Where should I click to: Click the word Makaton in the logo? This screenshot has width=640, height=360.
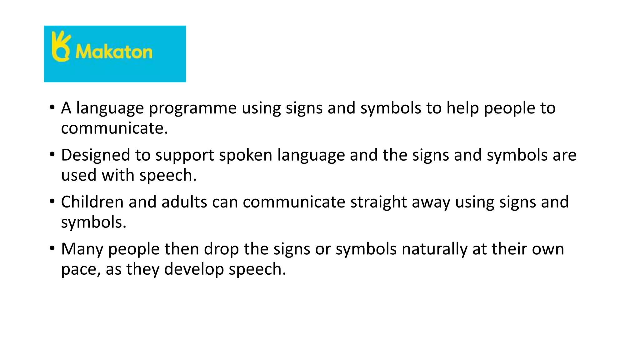tap(114, 52)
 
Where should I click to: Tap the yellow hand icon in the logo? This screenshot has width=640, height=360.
tap(61, 47)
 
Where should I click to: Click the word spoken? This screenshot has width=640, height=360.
tap(245, 155)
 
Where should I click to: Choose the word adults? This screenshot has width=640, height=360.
tap(184, 202)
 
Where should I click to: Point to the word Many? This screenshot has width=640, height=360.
tap(82, 249)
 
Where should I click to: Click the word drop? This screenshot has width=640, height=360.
tap(221, 249)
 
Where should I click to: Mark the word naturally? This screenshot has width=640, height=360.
tap(434, 249)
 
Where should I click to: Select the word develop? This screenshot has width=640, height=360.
tap(194, 269)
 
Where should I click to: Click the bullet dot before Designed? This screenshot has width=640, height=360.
tap(52, 154)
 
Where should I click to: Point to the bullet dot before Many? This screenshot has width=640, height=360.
tap(52, 248)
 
